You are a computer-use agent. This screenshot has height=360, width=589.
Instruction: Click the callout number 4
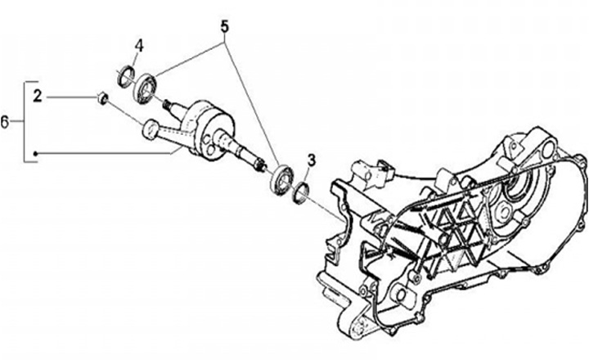coord(140,46)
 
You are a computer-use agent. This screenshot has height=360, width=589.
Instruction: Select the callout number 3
coord(312,158)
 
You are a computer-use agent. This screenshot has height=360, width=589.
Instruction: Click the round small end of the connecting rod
coord(150,128)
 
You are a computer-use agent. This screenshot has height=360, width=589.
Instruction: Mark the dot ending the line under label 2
coord(36,154)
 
